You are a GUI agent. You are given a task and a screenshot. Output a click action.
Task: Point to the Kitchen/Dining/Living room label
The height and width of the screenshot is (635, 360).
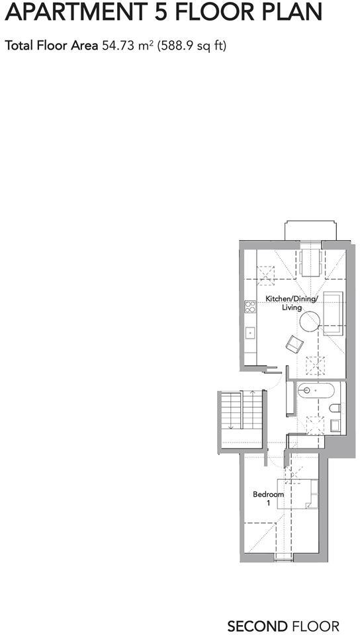tap(292, 303)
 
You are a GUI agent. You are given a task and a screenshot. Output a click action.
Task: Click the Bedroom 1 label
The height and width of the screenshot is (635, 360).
tap(269, 499)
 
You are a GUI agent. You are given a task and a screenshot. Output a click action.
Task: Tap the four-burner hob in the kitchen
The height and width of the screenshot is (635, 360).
tap(250, 307)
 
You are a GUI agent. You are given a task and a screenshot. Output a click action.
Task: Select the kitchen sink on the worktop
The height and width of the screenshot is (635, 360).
tap(250, 333)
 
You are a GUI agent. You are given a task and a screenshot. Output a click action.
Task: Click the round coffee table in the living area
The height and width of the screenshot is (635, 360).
tap(310, 322)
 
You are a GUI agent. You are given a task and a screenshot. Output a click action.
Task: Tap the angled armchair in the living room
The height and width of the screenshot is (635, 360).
tap(294, 343)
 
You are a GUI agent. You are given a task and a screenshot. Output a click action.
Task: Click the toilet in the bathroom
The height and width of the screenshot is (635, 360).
tap(335, 408)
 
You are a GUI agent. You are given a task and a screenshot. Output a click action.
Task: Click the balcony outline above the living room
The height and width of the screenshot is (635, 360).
tap(310, 232)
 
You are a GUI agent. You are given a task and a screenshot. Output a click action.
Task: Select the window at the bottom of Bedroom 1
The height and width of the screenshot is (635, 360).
tap(283, 559)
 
